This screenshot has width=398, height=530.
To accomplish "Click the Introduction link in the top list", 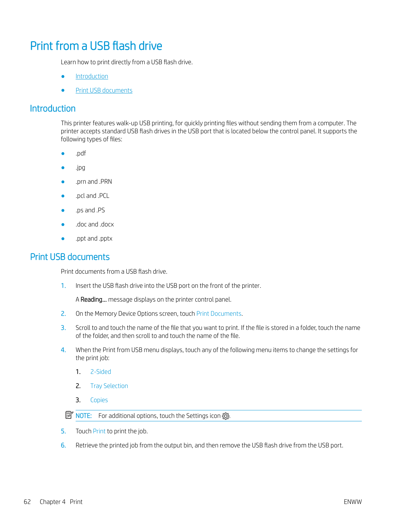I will (92, 76).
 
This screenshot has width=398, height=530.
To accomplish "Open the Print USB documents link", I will (104, 91).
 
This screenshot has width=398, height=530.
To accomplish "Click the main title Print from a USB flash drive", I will (96, 46).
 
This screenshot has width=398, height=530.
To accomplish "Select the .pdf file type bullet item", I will (81, 154).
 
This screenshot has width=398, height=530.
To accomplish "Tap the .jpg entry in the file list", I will (80, 168).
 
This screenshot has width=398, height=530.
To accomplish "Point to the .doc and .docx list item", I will (94, 225).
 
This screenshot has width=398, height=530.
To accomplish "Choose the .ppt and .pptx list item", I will (94, 239).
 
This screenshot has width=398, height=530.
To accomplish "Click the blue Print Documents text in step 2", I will (219, 314).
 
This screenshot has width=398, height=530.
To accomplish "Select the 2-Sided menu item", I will (101, 372).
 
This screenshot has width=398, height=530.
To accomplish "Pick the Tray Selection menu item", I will (109, 386).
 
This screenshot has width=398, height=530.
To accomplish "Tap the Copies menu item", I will (99, 400).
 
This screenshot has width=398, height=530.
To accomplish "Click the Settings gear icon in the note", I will (226, 416).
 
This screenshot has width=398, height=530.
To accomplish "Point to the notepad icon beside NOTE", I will (69, 415).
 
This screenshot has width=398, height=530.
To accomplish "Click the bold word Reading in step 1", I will (93, 300).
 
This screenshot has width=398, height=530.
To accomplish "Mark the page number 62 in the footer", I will (27, 502).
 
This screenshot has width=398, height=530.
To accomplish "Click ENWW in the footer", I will (352, 502).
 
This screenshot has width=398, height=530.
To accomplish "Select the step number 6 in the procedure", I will (63, 446).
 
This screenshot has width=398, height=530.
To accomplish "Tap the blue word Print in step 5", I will (99, 431).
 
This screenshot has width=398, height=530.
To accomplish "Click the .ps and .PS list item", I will (90, 210).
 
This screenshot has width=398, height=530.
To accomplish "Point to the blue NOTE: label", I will (84, 416).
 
